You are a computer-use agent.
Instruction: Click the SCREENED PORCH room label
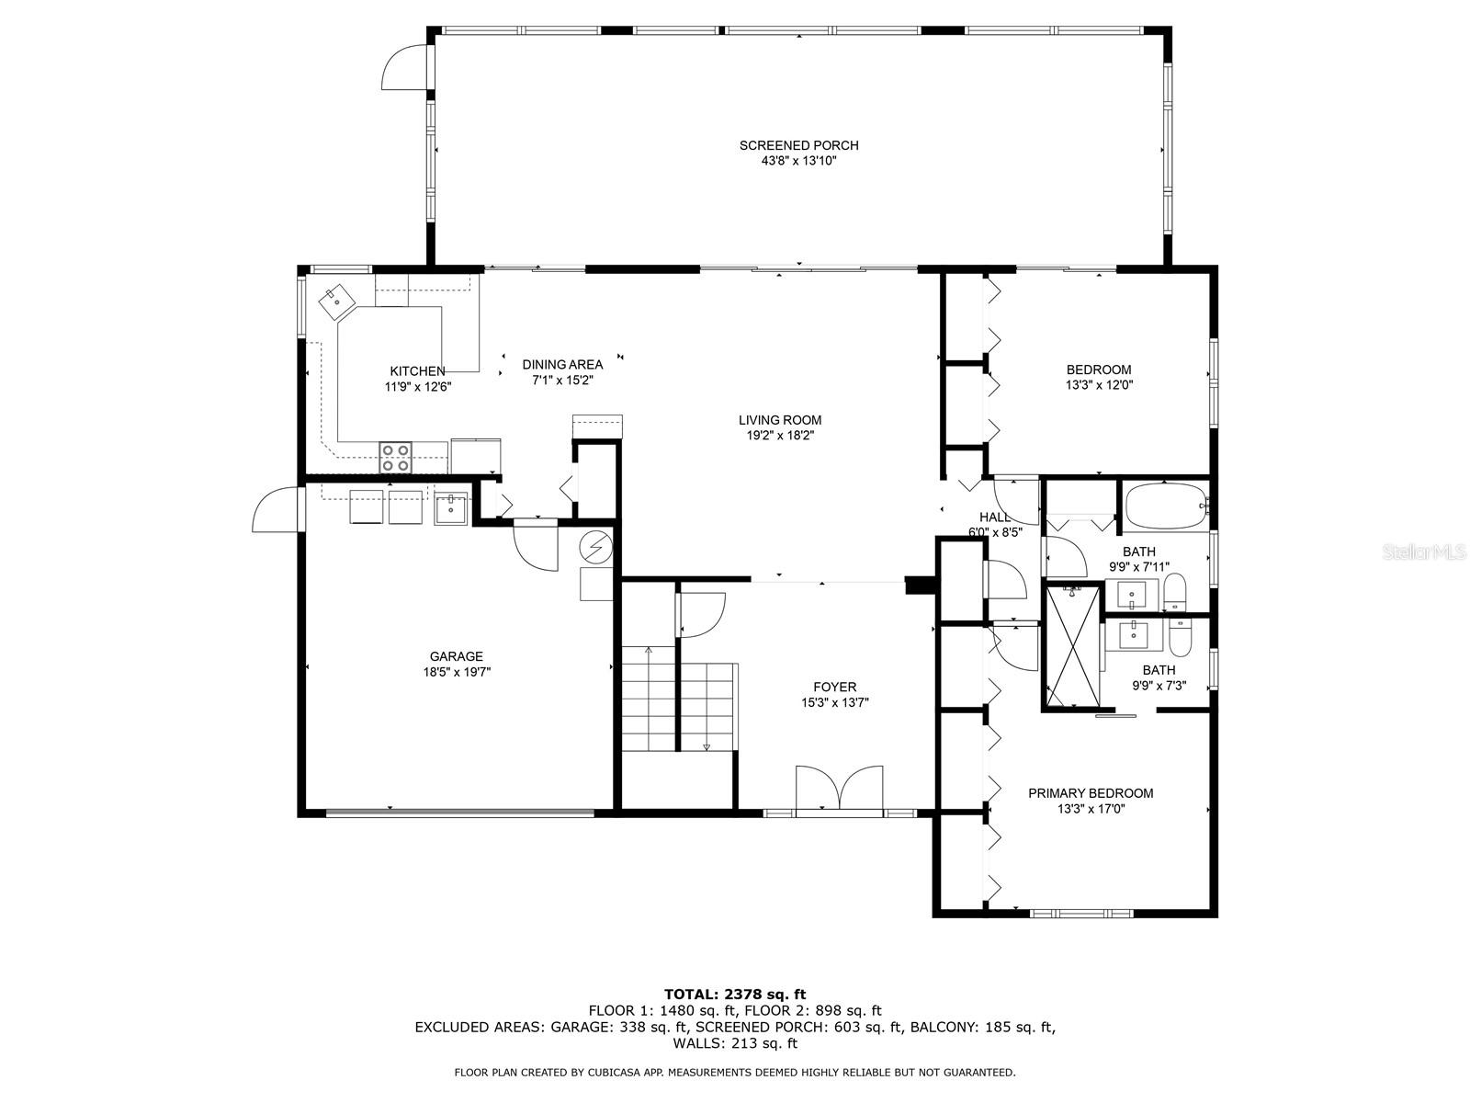click(798, 145)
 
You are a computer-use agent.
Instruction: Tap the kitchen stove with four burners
click(397, 457)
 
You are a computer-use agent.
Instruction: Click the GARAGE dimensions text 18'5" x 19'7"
click(456, 672)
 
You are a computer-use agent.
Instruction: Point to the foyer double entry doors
click(840, 790)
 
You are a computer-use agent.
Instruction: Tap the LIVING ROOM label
click(779, 420)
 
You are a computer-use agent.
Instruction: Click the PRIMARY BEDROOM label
click(1091, 793)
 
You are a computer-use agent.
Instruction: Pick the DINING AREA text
click(562, 365)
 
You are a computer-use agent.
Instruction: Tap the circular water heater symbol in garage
click(595, 549)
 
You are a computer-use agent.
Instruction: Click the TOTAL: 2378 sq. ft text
click(734, 994)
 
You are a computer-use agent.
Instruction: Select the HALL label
click(994, 517)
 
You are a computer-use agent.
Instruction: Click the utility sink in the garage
click(451, 507)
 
